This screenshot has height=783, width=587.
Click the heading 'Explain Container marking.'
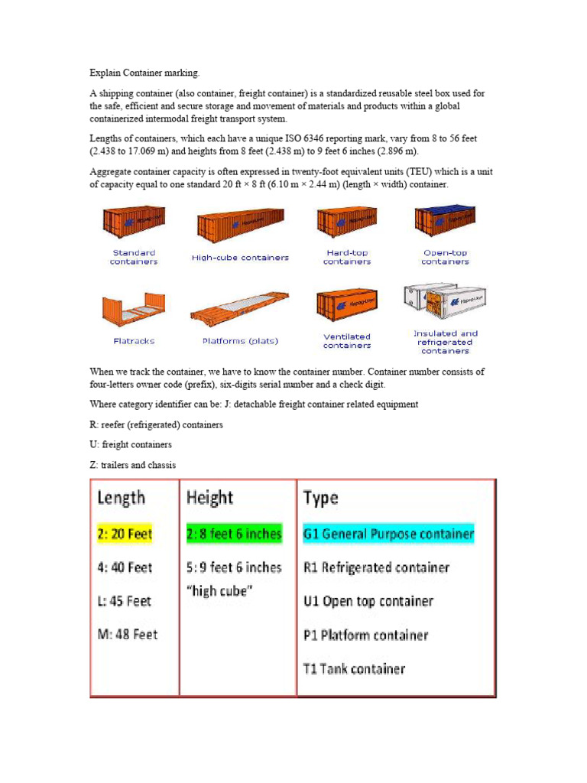coord(144,73)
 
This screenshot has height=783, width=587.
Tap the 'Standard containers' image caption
coord(134,257)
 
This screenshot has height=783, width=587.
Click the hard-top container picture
coord(346,222)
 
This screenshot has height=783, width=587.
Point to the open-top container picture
coord(445,220)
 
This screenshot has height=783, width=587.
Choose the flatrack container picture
coord(133,307)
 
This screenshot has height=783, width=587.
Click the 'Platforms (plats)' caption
coord(240,341)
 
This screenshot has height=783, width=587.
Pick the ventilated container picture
coord(346,304)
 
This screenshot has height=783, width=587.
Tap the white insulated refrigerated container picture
coord(445,304)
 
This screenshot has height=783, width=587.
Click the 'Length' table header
coord(121,499)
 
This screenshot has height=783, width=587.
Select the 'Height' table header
coord(209,499)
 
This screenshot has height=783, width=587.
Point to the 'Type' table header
coord(321,499)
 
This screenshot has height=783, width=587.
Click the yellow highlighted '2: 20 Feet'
coord(125,534)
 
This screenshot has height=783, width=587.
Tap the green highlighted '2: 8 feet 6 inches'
coord(234,534)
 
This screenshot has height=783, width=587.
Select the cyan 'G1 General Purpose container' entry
coord(388,534)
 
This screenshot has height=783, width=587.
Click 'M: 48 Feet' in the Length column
coord(127,635)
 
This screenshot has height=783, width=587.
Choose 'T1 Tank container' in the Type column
coord(354,669)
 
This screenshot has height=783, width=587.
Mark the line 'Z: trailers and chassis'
coord(132,465)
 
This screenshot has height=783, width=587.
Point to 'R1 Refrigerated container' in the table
coord(376,567)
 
